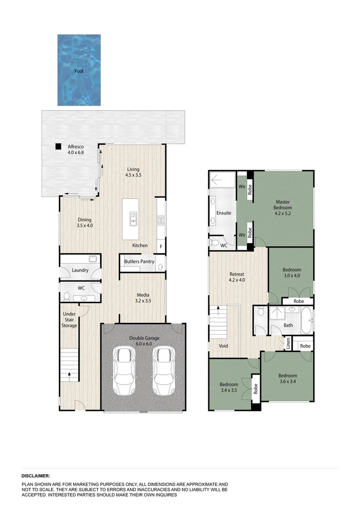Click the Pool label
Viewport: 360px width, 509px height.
click(x=79, y=72)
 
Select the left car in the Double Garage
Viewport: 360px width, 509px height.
click(x=124, y=371)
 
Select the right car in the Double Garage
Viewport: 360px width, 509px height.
click(x=163, y=371)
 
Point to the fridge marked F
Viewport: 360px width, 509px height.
click(x=161, y=246)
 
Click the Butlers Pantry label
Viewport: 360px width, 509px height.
click(x=139, y=262)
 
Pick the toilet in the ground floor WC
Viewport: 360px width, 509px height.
click(x=66, y=296)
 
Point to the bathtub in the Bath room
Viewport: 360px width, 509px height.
click(x=306, y=320)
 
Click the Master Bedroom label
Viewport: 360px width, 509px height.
click(x=284, y=205)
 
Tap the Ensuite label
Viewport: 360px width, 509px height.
click(x=224, y=213)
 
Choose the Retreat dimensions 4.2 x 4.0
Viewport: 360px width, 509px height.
click(x=237, y=280)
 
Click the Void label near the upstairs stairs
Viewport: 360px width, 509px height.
click(x=223, y=346)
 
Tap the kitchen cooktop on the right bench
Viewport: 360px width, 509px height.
click(x=160, y=220)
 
